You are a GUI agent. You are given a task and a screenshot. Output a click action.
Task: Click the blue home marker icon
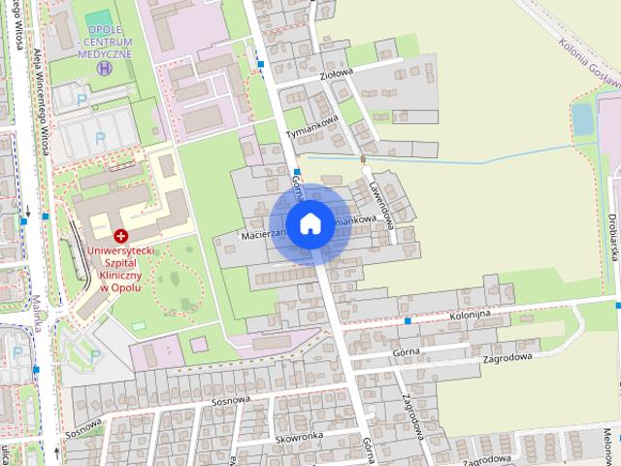pyautogui.click(x=310, y=223)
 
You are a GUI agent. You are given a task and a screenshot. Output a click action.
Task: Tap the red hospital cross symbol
pyautogui.click(x=120, y=236)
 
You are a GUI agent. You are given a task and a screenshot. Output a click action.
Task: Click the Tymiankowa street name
pyautogui.click(x=310, y=124)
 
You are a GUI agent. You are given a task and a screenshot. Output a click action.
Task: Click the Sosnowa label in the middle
pyautogui.click(x=231, y=399)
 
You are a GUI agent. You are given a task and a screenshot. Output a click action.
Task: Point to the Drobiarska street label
pyautogui.click(x=613, y=239)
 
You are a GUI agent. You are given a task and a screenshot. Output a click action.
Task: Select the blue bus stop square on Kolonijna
pyautogui.click(x=409, y=319)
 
